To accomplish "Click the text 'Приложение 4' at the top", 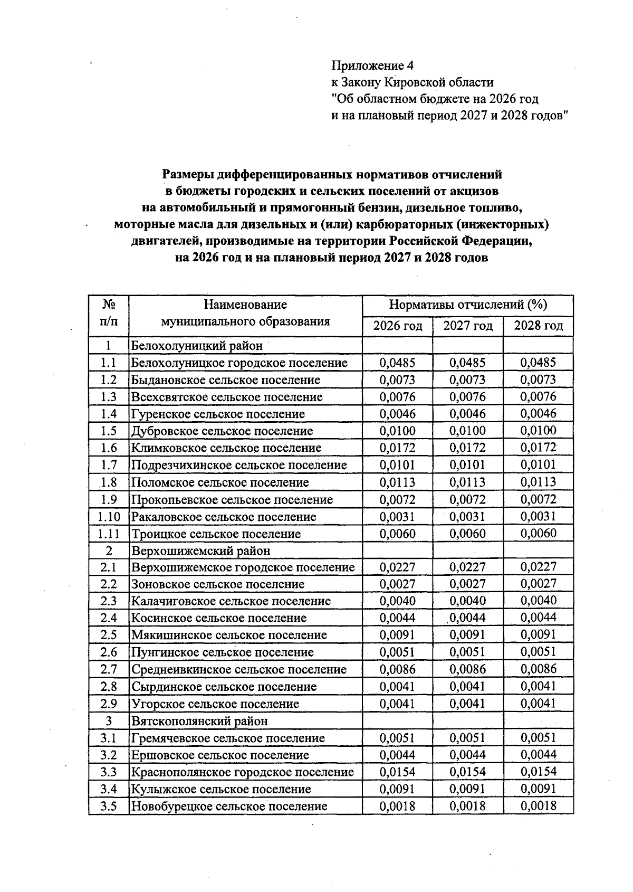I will click(372, 65).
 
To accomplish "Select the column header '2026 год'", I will click(398, 326).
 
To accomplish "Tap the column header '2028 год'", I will click(538, 326).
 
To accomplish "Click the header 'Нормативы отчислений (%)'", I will click(468, 305).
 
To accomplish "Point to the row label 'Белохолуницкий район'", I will click(196, 346).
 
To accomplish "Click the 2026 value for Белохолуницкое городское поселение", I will click(398, 363).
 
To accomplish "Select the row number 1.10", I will click(109, 517).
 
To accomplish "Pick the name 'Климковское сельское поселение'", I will click(226, 448).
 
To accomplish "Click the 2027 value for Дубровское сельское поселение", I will click(468, 431).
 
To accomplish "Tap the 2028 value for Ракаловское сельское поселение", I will click(538, 516).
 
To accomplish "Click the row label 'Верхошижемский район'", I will click(200, 551).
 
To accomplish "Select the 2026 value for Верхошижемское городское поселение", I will click(398, 567).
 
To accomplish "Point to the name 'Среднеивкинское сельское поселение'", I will click(239, 669).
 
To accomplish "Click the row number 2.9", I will click(109, 704).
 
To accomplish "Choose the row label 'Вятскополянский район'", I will click(199, 721).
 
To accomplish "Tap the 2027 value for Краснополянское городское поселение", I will click(468, 772).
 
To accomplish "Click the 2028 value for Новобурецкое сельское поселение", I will click(538, 806).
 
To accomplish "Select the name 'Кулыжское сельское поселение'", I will click(221, 789).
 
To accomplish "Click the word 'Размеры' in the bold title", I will click(187, 174).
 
